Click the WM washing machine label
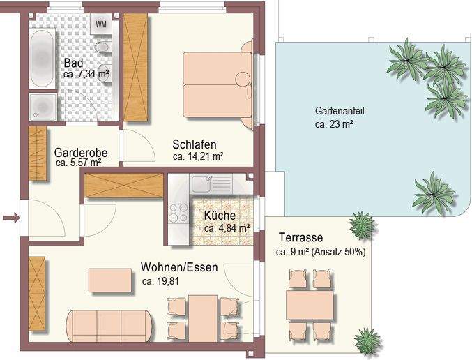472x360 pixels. tap(101, 24)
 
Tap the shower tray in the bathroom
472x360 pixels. tap(43, 107)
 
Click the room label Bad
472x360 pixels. tap(73, 62)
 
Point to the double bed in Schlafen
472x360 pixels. tap(216, 85)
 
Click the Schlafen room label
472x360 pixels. tap(195, 145)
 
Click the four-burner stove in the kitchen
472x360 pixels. tap(179, 212)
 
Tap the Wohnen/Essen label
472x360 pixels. tap(179, 267)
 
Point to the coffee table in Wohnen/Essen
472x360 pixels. tap(110, 280)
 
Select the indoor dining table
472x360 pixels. tap(204, 317)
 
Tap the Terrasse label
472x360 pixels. tap(300, 237)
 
